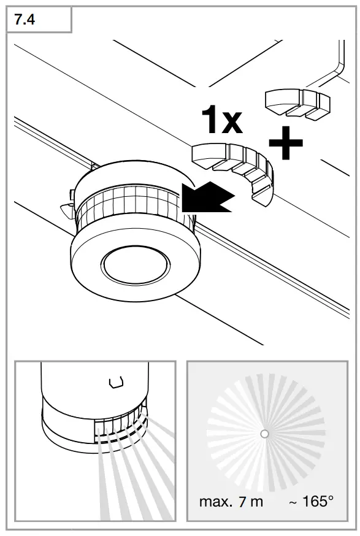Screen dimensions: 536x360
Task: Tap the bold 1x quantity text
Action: (222, 120)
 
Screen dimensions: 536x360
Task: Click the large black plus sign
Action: (286, 144)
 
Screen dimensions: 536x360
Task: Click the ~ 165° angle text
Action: (311, 502)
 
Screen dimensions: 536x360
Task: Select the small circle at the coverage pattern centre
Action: (264, 434)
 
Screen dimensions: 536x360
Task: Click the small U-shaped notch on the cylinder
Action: (114, 383)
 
